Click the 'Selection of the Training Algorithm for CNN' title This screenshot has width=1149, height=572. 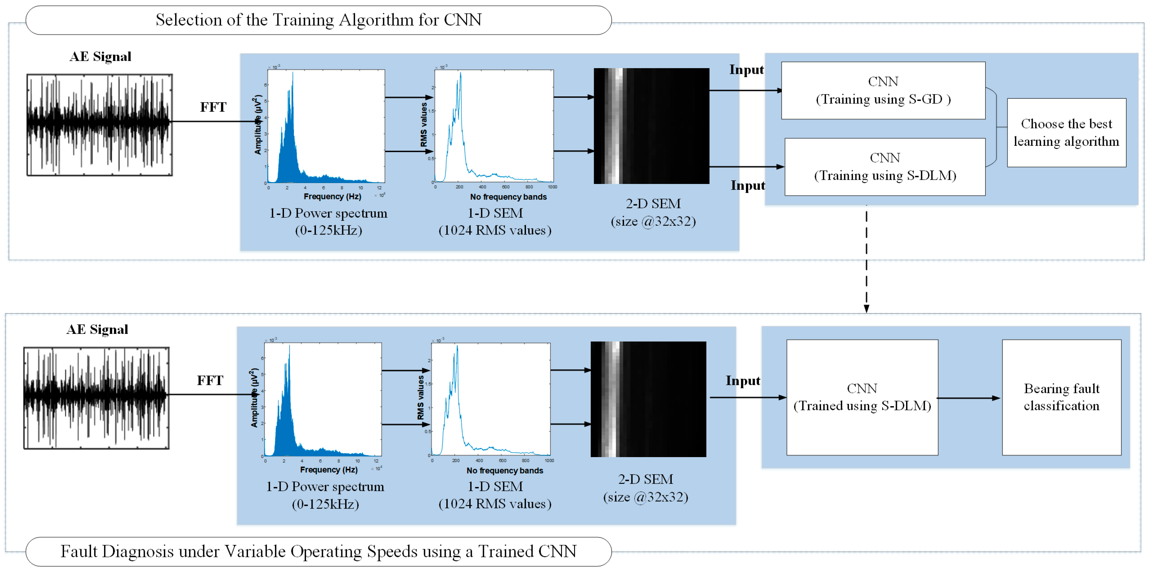point(318,20)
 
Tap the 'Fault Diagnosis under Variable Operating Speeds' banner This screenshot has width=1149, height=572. point(318,552)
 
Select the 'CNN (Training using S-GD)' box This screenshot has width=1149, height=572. point(883,90)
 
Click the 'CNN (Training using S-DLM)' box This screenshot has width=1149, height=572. point(885,167)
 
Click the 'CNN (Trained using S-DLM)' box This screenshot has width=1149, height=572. point(862,397)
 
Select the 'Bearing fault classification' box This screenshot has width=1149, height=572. point(1061,397)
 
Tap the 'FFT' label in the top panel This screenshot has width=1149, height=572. point(213,108)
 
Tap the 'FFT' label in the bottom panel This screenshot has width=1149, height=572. point(210,381)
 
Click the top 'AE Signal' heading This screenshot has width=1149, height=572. point(100,57)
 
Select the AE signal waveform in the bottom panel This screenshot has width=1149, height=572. point(96,398)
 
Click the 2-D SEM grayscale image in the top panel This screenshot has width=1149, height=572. point(651,126)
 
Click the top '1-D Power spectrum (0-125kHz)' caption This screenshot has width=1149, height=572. point(328,222)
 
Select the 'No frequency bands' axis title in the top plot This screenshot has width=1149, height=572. point(508,197)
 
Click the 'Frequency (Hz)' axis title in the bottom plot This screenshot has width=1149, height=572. point(329,470)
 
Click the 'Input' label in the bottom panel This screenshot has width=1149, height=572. point(743,381)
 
